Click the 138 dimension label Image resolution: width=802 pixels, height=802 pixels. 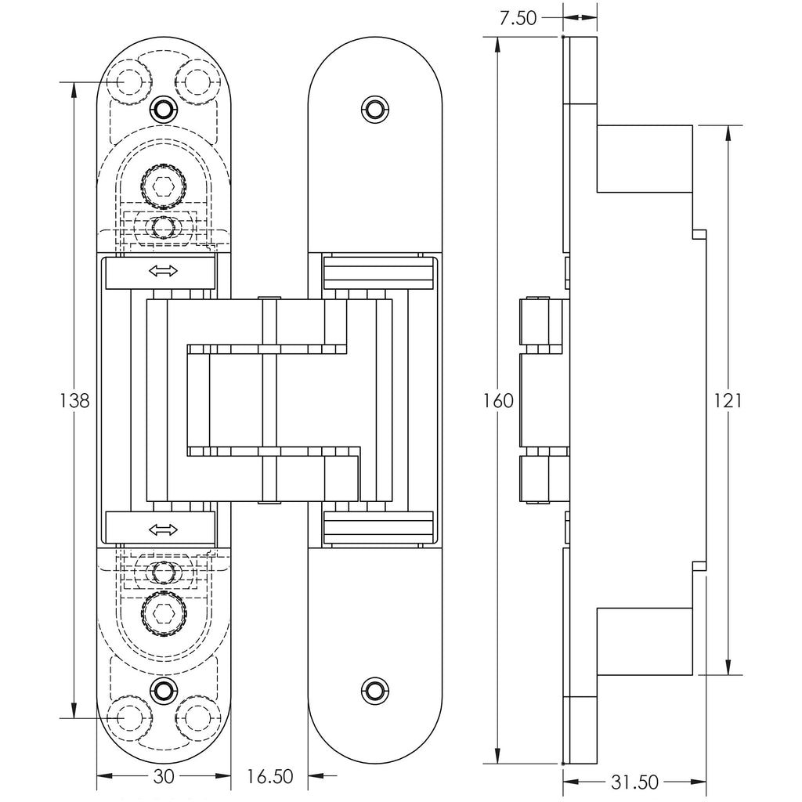(x=75, y=401)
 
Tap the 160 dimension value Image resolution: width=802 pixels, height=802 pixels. (x=499, y=401)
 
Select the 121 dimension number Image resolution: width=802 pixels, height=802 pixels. (x=728, y=401)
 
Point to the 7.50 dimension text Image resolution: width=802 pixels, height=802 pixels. (x=518, y=18)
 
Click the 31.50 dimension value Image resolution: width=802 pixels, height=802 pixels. (x=634, y=782)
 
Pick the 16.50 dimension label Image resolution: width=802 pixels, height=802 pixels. (x=269, y=777)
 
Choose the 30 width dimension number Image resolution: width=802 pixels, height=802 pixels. (x=164, y=776)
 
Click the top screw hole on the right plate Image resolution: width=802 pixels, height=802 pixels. (x=376, y=107)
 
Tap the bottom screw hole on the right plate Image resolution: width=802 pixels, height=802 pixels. (x=376, y=690)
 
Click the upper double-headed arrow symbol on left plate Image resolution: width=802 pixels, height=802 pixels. (x=163, y=272)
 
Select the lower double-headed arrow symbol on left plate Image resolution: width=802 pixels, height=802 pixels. (x=163, y=529)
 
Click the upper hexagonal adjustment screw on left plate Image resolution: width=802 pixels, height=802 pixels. (x=163, y=186)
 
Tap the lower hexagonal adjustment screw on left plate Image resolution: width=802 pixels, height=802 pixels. (x=163, y=612)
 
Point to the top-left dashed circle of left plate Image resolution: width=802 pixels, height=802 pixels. (x=129, y=81)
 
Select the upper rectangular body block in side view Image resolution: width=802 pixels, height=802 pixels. (x=644, y=158)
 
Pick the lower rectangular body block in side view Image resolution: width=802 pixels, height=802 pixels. (x=644, y=641)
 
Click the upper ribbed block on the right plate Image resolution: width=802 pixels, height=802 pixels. (x=378, y=272)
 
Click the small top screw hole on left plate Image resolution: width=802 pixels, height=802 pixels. (x=163, y=108)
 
